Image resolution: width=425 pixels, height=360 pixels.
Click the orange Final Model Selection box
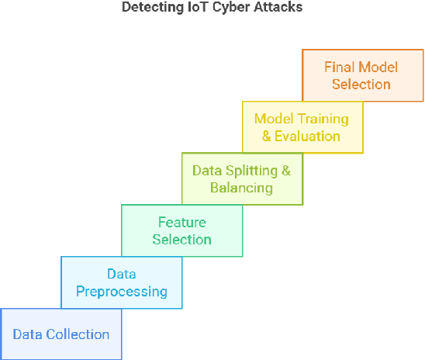click(x=362, y=75)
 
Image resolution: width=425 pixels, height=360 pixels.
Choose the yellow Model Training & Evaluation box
click(x=302, y=127)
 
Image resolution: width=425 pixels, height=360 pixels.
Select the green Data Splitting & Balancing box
click(x=242, y=178)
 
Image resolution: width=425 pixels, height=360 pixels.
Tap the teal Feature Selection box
click(x=181, y=230)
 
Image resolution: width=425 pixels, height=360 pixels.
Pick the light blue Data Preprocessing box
click(x=121, y=282)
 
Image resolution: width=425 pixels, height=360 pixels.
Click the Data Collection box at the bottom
click(x=60, y=334)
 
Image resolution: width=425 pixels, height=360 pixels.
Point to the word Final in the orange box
click(x=337, y=67)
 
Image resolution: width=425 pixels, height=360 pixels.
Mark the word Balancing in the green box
click(x=242, y=188)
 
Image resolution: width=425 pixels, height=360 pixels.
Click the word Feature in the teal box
click(x=181, y=223)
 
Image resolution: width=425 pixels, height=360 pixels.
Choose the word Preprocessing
click(x=121, y=292)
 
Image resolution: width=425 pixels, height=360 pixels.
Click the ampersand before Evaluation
click(x=268, y=136)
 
